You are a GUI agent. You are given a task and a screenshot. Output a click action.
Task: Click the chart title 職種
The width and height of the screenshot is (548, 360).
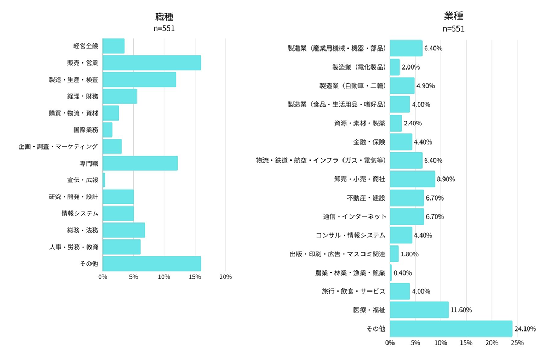pos(164,17)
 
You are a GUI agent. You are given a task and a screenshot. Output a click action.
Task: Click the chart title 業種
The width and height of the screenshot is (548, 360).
pos(453,17)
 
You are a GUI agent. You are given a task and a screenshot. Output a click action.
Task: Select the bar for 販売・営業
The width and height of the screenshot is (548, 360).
pos(151,63)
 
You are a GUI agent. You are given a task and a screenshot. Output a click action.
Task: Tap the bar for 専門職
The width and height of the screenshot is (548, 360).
pos(140,163)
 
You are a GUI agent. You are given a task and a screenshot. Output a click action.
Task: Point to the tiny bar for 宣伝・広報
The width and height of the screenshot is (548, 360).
pos(104,180)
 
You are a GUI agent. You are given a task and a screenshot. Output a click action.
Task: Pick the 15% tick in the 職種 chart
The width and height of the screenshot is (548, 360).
pos(195,277)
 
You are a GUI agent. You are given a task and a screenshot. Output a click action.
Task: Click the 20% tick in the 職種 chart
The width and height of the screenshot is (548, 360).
pos(225,277)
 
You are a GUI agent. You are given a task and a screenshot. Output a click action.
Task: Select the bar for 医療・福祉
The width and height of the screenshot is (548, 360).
pos(419,310)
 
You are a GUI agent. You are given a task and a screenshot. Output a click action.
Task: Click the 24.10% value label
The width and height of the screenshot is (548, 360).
pos(526,329)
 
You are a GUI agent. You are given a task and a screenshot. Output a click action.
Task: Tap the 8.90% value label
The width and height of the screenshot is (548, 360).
pos(446,179)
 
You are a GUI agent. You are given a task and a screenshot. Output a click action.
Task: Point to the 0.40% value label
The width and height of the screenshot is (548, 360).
pos(402,273)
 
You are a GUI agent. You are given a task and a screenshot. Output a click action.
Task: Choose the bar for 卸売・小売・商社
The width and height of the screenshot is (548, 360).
pos(412,179)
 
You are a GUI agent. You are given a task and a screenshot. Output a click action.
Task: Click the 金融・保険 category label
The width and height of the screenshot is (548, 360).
pos(369,142)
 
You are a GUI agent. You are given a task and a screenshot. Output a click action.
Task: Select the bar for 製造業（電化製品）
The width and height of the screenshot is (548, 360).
pos(395,67)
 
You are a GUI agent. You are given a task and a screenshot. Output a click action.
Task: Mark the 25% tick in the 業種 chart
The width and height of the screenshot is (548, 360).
pos(517,343)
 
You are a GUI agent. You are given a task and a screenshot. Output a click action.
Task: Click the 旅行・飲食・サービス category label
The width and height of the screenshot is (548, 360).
pos(353,291)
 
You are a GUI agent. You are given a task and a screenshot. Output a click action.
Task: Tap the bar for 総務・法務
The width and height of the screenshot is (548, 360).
pos(123,230)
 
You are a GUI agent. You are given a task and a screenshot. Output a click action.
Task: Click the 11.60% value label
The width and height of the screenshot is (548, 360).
pos(461,310)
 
